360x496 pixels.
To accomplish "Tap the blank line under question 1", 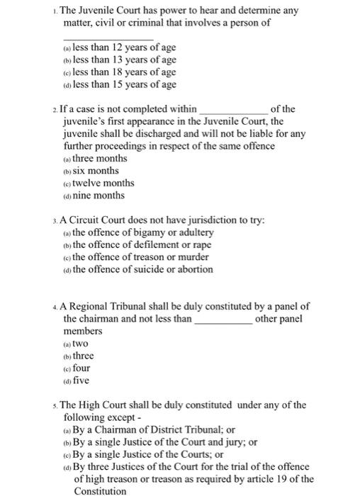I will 108,39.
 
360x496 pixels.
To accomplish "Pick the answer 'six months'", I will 96,171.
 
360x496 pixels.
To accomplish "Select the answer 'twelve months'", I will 103,183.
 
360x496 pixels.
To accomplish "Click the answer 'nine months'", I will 99,195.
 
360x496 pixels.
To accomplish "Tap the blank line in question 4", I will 223,323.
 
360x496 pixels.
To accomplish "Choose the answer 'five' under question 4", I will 81,381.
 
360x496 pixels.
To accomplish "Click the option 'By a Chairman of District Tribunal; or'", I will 154,429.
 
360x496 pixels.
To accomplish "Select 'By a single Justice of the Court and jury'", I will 159,442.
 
